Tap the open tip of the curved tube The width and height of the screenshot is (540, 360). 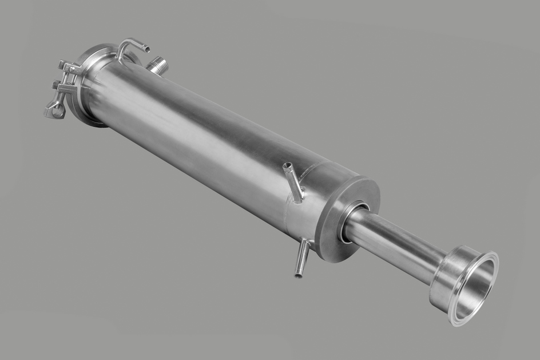click(146, 49)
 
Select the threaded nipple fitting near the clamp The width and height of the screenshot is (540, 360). click(157, 65)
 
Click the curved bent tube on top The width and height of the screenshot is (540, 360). click(129, 45)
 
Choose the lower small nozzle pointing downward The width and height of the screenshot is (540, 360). click(302, 258)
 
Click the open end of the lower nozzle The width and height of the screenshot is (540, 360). click(298, 274)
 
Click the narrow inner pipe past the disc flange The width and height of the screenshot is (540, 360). click(395, 241)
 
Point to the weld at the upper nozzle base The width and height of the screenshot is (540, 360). click(299, 198)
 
